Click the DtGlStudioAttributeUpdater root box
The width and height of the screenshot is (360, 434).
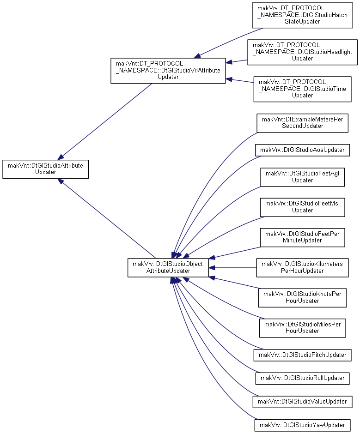[x=45, y=169]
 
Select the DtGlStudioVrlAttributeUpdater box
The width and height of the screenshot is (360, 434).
[x=168, y=71]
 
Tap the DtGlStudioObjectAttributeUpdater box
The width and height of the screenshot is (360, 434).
[x=168, y=267]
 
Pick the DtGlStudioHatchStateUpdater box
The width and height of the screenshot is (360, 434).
[x=302, y=15]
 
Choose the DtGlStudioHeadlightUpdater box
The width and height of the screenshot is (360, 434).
[x=302, y=52]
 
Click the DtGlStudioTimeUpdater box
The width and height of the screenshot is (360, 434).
[x=302, y=89]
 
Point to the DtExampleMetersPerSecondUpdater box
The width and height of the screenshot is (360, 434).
[x=302, y=123]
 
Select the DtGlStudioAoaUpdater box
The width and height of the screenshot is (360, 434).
[x=302, y=150]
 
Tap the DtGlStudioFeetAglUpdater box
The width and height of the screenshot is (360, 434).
[x=302, y=177]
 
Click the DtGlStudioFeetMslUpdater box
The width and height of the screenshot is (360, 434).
[x=302, y=207]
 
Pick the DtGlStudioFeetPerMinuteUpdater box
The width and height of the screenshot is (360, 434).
[x=302, y=237]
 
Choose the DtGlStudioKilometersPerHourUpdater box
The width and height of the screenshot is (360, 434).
[x=302, y=268]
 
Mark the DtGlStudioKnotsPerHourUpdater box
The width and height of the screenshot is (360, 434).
[x=302, y=298]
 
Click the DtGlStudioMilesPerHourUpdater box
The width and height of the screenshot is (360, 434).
[x=302, y=328]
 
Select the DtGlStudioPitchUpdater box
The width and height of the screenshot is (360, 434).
[x=302, y=355]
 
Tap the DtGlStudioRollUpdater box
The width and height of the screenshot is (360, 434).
[x=302, y=379]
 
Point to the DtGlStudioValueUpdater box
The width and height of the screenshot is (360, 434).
[x=302, y=402]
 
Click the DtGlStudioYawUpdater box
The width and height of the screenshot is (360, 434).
[x=302, y=425]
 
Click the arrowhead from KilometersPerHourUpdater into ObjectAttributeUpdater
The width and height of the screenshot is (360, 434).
[x=212, y=268]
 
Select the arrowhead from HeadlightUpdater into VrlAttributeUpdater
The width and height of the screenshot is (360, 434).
[x=229, y=62]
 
